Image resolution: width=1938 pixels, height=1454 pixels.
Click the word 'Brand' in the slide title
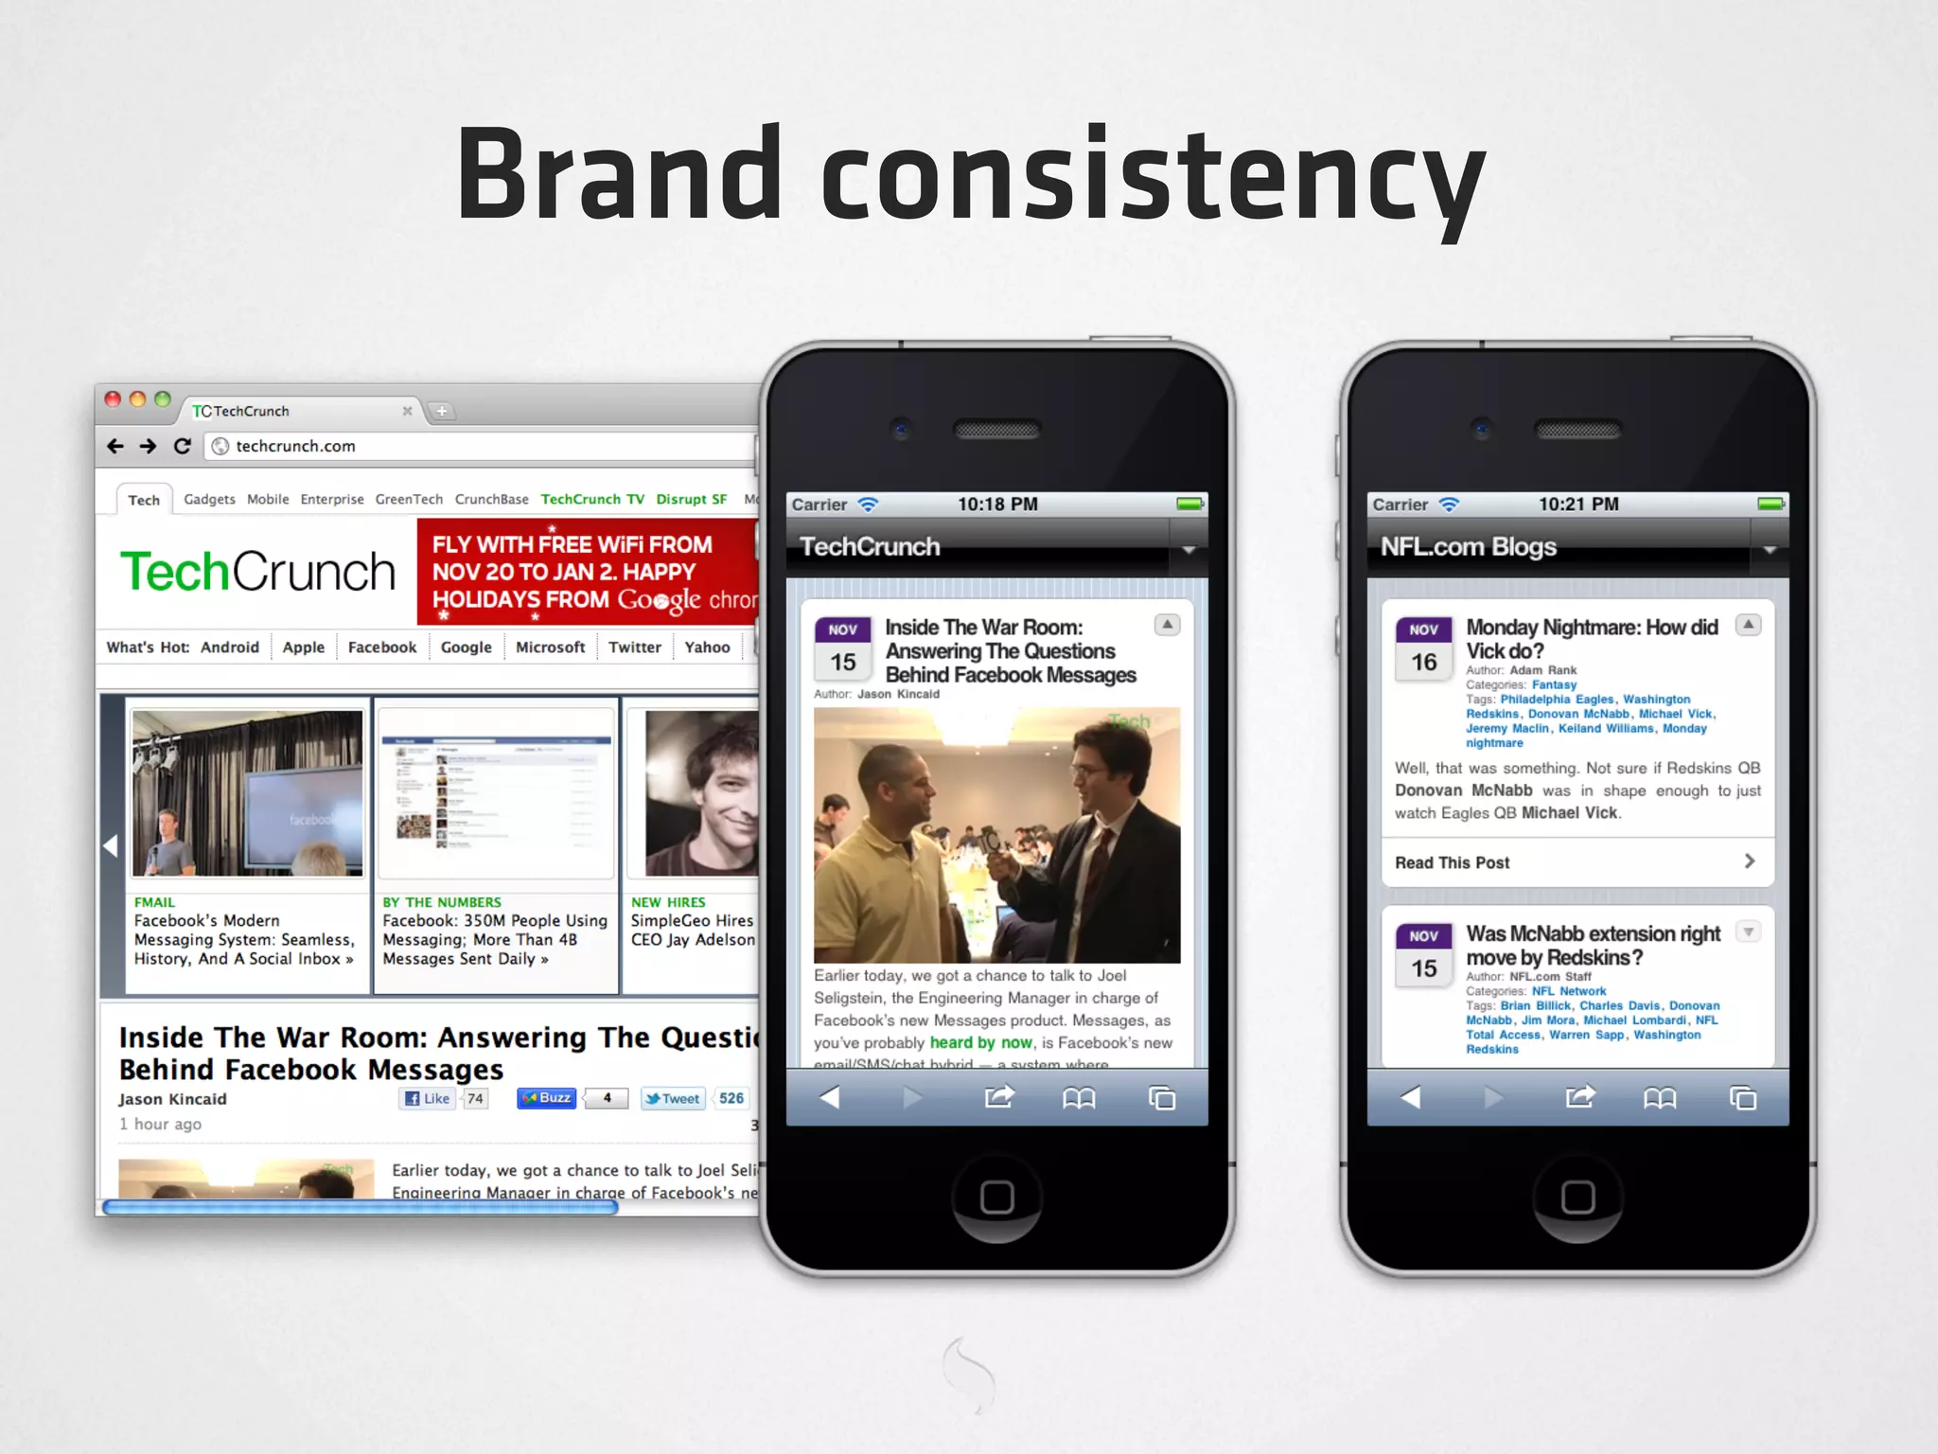tap(620, 175)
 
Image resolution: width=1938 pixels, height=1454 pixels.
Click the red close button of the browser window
tap(113, 399)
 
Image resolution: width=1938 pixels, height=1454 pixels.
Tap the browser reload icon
tap(183, 446)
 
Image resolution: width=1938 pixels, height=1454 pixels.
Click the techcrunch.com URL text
tap(295, 446)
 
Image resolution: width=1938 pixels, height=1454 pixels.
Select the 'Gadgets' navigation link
tap(209, 499)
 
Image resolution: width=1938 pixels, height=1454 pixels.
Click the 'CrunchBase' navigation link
tap(491, 499)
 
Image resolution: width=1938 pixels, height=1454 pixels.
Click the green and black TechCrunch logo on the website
tap(257, 572)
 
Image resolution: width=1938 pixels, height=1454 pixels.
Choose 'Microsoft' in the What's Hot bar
tap(550, 647)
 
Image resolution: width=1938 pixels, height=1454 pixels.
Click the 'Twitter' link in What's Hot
tap(634, 647)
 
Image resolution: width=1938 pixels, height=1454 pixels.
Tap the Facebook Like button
tap(428, 1098)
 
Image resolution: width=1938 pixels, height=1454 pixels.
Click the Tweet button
tap(673, 1098)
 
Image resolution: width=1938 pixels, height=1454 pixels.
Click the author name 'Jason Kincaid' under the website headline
tap(172, 1099)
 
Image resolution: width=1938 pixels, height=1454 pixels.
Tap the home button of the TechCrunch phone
tap(996, 1197)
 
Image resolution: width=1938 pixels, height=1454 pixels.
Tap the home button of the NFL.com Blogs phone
tap(1577, 1197)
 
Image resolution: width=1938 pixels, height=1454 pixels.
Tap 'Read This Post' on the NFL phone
tap(1452, 862)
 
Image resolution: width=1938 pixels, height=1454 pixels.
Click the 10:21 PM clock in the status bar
tap(1578, 505)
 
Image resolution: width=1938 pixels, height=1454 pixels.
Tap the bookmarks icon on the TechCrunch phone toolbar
tap(1079, 1098)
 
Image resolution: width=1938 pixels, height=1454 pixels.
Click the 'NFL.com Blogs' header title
tap(1468, 547)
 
